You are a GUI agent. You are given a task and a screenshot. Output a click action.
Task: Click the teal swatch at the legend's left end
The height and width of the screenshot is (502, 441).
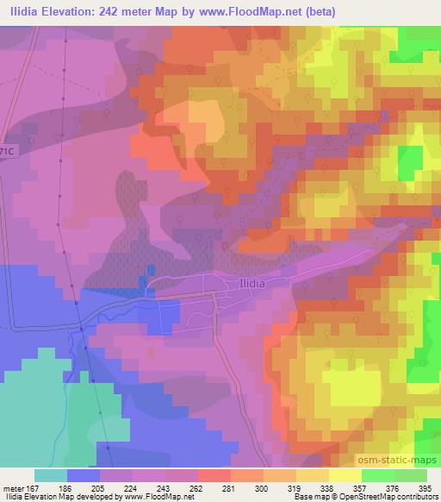pyautogui.click(x=51, y=475)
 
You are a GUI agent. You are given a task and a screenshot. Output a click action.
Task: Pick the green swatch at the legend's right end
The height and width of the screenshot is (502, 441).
pyautogui.click(x=410, y=475)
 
